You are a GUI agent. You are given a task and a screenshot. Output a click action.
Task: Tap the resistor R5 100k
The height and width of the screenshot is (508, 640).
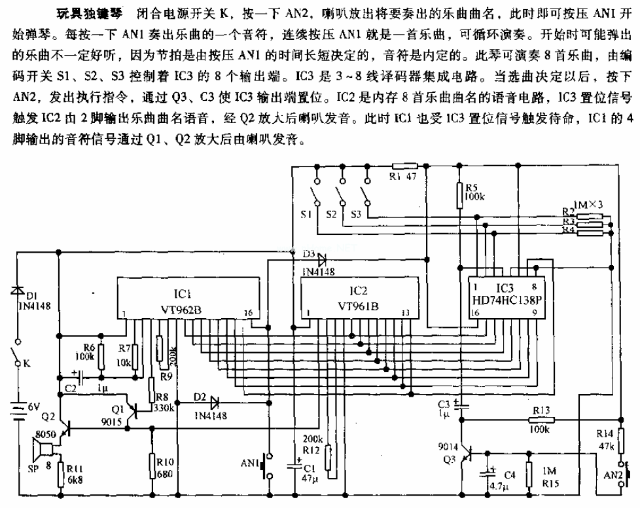pos(460,192)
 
